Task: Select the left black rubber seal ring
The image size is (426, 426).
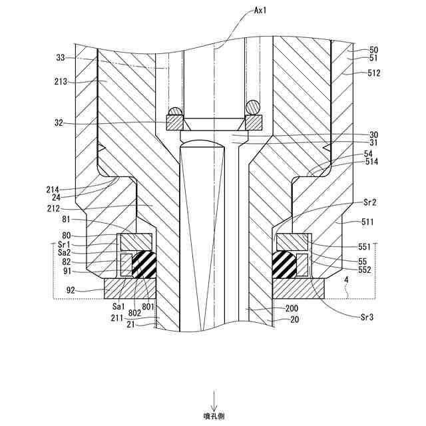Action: pos(144,264)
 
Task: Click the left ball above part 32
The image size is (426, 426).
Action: pos(175,110)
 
